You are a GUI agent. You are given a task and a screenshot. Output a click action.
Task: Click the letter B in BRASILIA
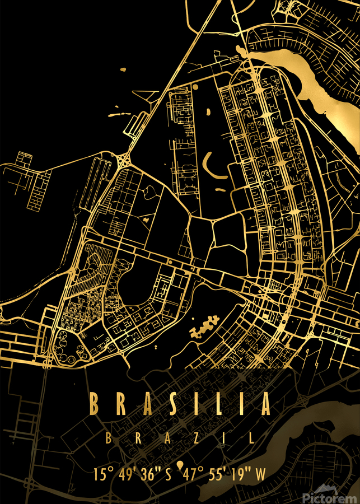pos(95,404)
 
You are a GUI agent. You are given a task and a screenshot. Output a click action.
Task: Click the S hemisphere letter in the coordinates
pos(168,474)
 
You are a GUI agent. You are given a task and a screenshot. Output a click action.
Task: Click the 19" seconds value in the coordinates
pos(243,474)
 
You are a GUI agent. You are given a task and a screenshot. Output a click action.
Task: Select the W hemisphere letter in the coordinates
pos(261,474)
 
